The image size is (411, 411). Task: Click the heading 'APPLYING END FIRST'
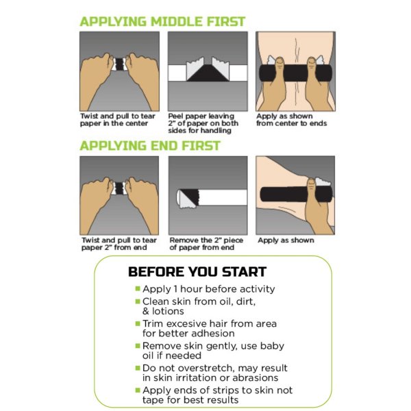[149, 146]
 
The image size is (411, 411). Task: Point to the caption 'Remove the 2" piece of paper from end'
[204, 244]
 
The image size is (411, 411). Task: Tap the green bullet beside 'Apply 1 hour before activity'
[138, 289]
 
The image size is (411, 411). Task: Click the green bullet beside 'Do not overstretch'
[138, 369]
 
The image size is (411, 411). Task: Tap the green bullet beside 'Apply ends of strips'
[138, 390]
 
